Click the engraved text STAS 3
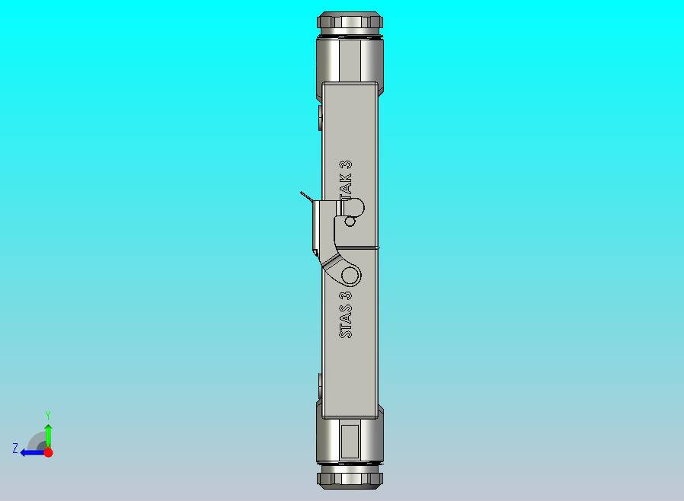pos(347,314)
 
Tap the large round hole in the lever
pos(350,275)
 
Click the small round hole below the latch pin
pos(350,222)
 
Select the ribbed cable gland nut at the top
pos(350,21)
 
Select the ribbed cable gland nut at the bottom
pos(350,480)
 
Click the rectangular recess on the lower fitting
pos(350,441)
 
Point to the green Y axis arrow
pos(48,433)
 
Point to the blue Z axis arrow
pos(30,452)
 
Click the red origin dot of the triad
pos(48,452)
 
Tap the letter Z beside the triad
pos(15,448)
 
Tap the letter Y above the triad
pos(48,415)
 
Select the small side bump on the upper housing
pos(319,117)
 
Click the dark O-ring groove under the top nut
pos(350,35)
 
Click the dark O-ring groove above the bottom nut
pos(350,466)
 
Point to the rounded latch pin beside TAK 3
pos(354,206)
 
